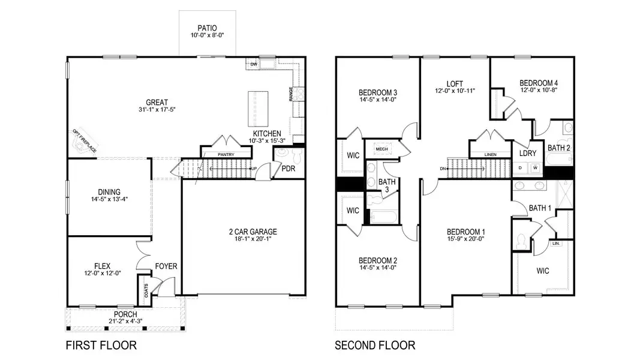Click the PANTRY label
pos(226,155)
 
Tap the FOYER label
pos(166,266)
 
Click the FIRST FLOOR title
pos(100,346)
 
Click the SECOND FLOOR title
pos(374,346)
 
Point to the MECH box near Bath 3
pos(381,148)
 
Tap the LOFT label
pos(455,83)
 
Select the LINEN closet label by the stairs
pos(490,155)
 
